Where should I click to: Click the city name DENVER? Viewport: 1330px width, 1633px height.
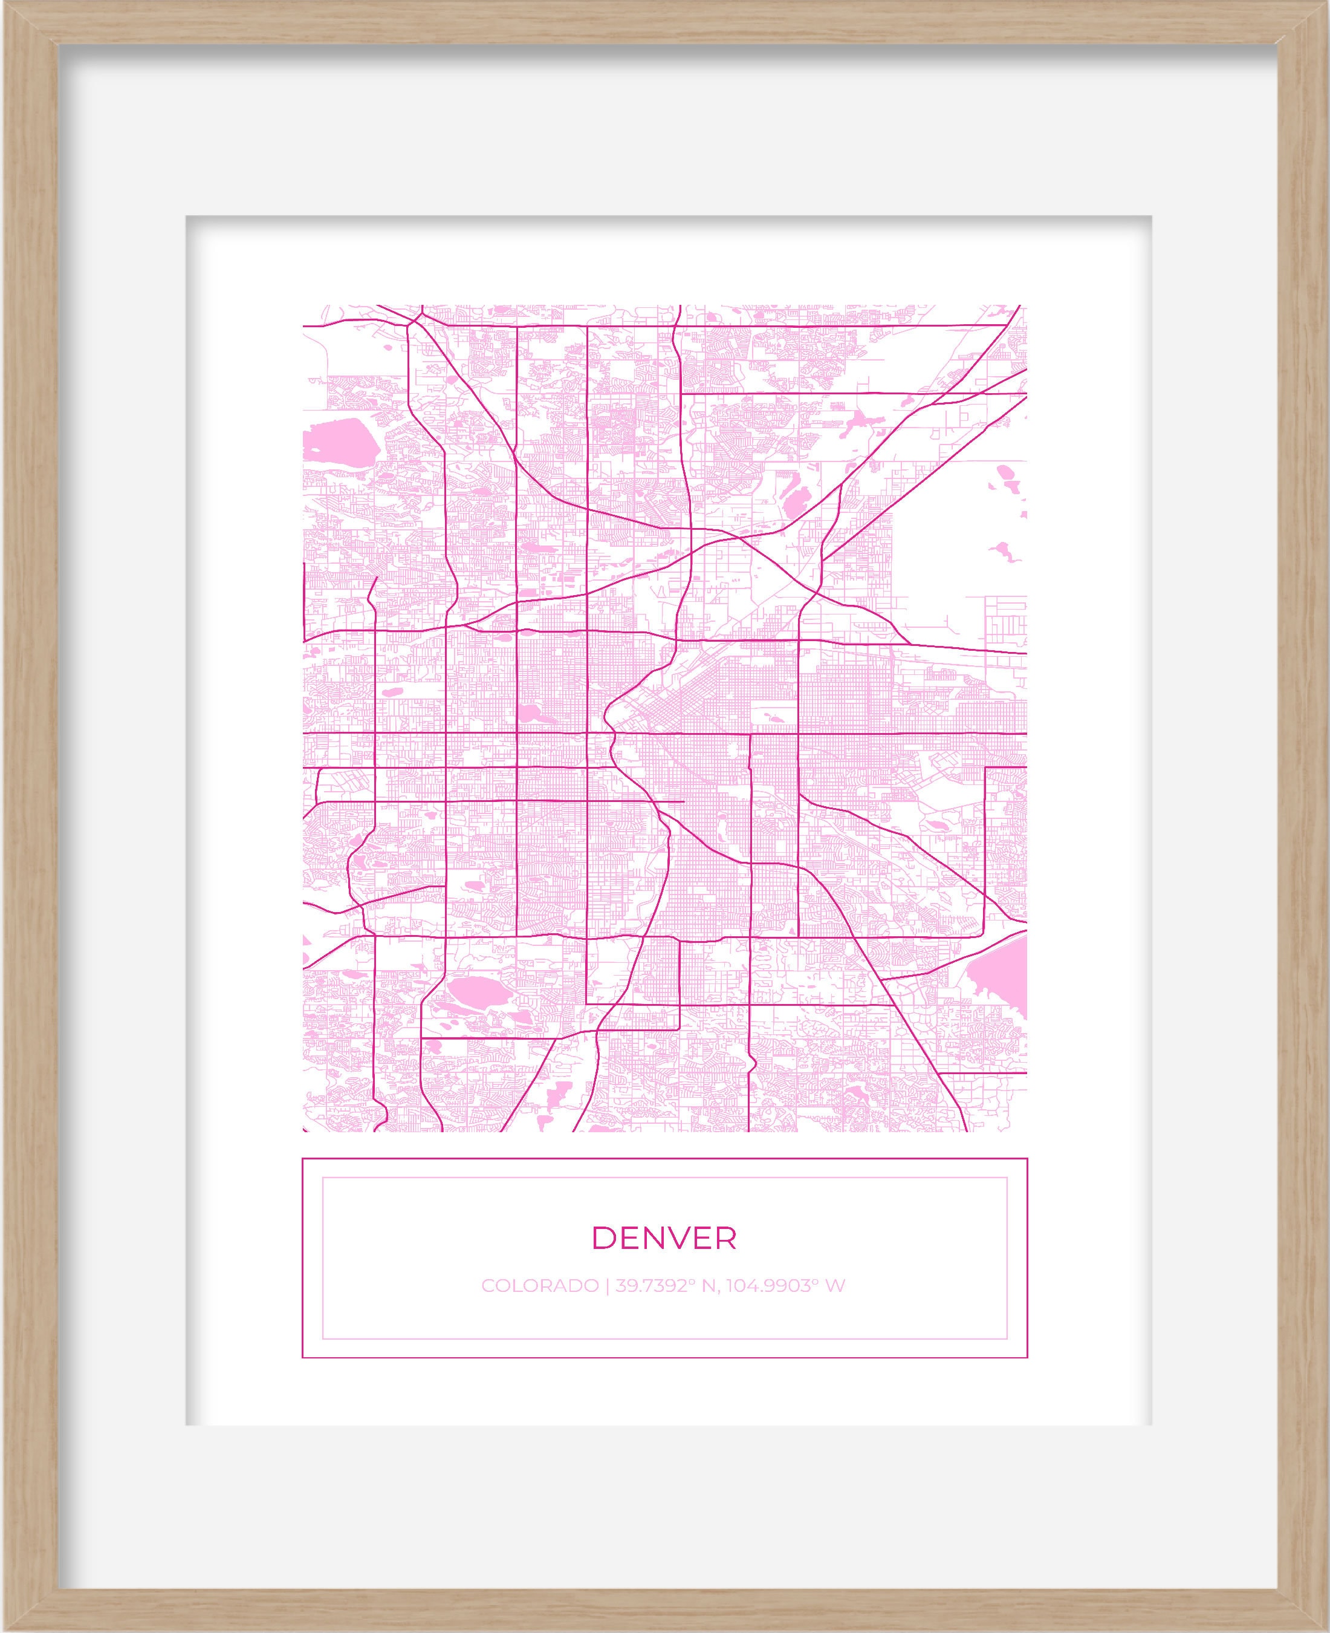664,1237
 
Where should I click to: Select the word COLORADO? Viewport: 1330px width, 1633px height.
539,1285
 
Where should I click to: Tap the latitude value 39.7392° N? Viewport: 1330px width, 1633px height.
664,1285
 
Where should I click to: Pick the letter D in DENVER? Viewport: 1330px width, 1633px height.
603,1237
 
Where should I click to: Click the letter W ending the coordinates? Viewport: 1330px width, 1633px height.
836,1285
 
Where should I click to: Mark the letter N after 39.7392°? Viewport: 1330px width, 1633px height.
708,1285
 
